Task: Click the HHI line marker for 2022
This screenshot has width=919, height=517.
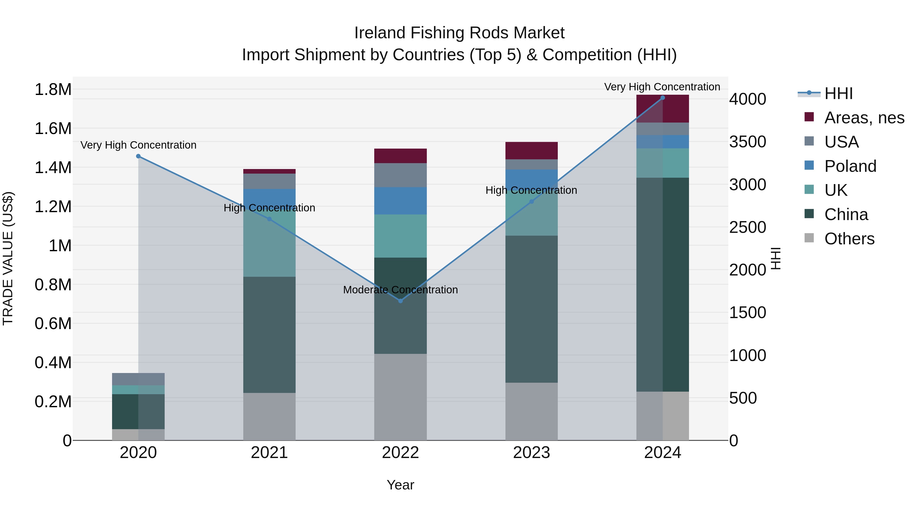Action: click(400, 301)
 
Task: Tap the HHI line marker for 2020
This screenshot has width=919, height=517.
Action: click(138, 156)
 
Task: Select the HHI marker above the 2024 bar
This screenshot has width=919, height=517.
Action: click(662, 98)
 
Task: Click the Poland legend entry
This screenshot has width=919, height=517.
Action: click(850, 166)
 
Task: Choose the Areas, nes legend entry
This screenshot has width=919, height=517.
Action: click(864, 118)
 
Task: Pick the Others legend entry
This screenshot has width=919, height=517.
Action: click(849, 239)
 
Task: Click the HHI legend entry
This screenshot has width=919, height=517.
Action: click(838, 93)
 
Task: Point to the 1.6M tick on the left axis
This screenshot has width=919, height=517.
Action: click(53, 128)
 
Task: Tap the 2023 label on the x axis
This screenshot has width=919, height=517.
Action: click(531, 453)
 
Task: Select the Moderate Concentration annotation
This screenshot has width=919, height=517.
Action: click(400, 290)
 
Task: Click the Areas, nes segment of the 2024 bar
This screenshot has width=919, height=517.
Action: click(662, 109)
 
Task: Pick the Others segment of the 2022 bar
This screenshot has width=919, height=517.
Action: click(400, 397)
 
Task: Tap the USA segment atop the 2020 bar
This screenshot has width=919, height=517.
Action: click(138, 379)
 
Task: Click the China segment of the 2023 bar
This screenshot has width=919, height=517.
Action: click(531, 309)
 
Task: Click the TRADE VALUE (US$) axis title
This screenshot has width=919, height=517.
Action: click(8, 258)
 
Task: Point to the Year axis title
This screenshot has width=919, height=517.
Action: click(400, 485)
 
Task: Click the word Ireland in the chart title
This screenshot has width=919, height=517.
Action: click(380, 33)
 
